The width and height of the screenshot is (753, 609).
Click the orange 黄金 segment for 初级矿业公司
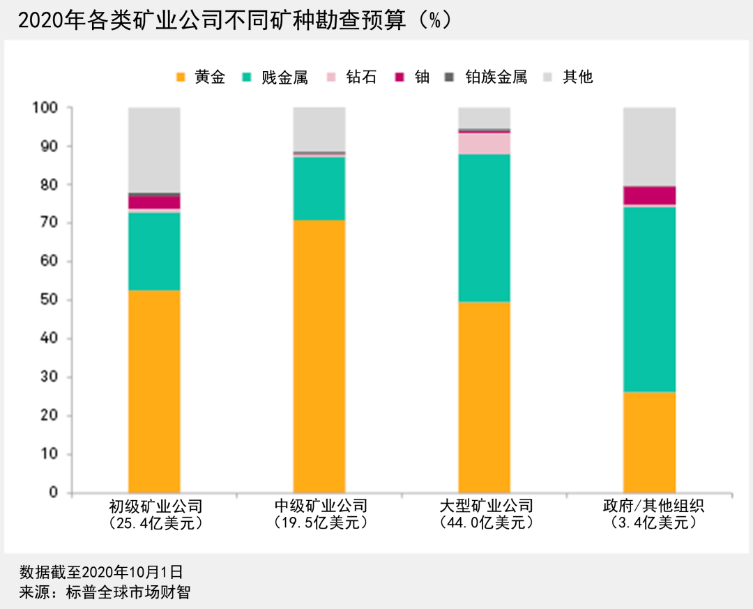coord(154,391)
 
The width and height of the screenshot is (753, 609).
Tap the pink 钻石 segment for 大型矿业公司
coord(484,143)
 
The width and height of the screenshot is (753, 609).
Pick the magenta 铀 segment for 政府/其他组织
coord(649,195)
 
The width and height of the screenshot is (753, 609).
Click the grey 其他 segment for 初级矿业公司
coord(154,149)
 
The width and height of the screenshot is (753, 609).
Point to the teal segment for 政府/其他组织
coord(649,299)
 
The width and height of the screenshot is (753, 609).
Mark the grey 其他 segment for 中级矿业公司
coord(319,129)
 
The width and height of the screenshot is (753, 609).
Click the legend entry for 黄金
coord(201,77)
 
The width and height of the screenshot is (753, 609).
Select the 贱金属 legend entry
coord(275,77)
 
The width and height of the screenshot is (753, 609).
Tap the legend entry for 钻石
coord(352,77)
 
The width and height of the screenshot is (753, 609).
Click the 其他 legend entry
coord(568,77)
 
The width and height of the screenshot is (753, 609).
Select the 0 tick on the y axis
coord(54,493)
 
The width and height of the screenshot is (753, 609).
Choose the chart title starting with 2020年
coord(234,20)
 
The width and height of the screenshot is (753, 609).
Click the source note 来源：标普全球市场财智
coord(105,592)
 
